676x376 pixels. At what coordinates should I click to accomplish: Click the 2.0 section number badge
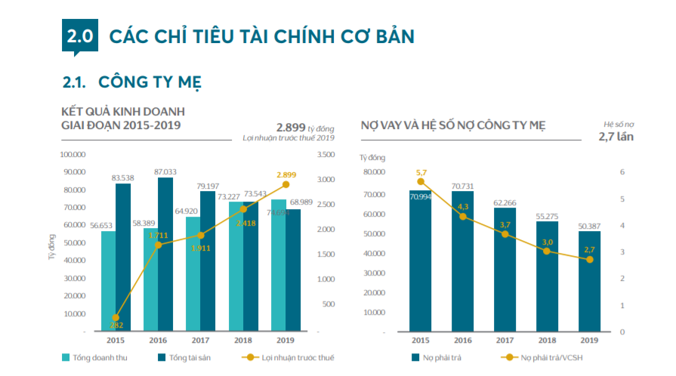click(79, 36)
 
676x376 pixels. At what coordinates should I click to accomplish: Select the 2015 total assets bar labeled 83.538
click(123, 257)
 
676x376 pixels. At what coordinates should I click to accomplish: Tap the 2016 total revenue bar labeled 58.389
click(151, 279)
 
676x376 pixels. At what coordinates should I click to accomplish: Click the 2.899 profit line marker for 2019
click(286, 184)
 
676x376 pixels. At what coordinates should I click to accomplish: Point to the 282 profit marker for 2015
click(116, 318)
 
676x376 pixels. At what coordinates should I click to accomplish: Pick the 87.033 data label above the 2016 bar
click(165, 172)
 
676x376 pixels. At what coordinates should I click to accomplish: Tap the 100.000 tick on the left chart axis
click(75, 154)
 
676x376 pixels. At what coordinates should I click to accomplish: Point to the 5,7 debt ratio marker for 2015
click(421, 182)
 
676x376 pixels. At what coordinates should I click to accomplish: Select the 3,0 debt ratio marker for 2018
click(547, 251)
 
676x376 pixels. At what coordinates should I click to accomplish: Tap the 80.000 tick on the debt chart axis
click(375, 172)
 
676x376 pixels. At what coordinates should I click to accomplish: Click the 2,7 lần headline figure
click(616, 137)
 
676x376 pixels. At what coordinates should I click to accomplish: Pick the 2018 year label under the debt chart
click(548, 341)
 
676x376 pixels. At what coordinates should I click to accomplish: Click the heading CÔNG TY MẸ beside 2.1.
click(150, 81)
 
